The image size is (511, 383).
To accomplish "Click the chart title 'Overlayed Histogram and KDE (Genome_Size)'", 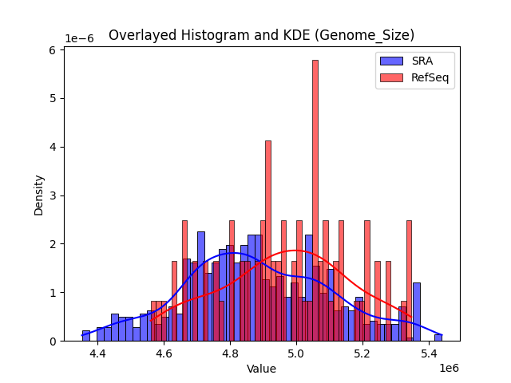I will coord(261,35).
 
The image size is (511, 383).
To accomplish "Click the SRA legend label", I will coord(423,61).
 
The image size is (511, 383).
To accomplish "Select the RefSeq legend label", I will coord(430,77).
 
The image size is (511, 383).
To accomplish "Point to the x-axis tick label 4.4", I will coord(97,353).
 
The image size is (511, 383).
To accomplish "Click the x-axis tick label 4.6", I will coord(164,353).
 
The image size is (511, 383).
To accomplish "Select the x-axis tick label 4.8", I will coord(230,353).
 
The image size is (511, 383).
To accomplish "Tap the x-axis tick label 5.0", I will coord(296,353).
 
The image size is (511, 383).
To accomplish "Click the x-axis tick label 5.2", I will coord(362,353).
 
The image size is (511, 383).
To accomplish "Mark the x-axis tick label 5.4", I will coord(429,353).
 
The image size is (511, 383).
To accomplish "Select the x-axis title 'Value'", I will coord(261,369).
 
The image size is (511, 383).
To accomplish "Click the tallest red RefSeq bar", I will coord(315,199).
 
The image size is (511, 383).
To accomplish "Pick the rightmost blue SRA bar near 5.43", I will coord(438,338).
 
